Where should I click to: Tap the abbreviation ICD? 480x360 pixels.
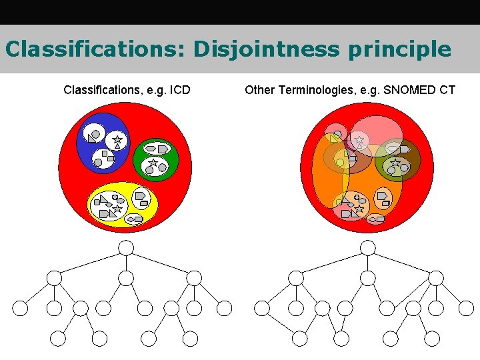(179, 89)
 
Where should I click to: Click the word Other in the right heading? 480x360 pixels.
(259, 89)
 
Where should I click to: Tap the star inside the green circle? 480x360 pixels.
(153, 163)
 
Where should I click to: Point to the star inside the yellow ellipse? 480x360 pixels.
(117, 209)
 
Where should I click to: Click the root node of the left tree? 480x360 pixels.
(126, 248)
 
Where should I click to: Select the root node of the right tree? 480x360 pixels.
(368, 248)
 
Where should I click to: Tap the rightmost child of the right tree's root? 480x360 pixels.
(436, 277)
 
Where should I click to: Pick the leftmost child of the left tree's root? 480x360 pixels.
(55, 277)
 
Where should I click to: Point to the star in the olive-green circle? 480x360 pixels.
(395, 162)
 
